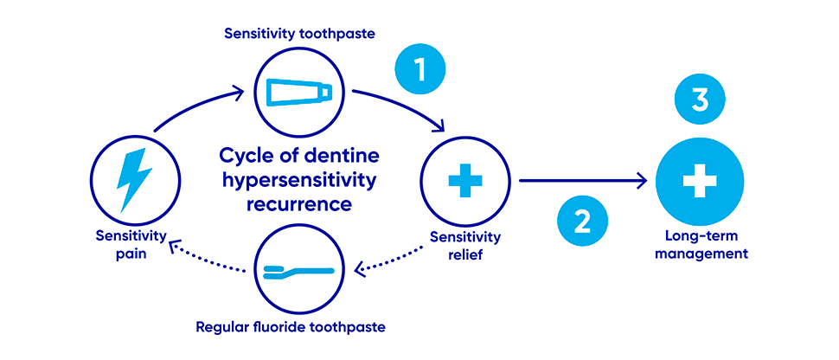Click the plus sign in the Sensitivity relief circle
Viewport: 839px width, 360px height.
point(465,182)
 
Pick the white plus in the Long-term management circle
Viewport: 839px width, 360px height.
point(701,182)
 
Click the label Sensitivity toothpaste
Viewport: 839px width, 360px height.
point(298,34)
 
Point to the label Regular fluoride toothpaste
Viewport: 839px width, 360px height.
point(298,327)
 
